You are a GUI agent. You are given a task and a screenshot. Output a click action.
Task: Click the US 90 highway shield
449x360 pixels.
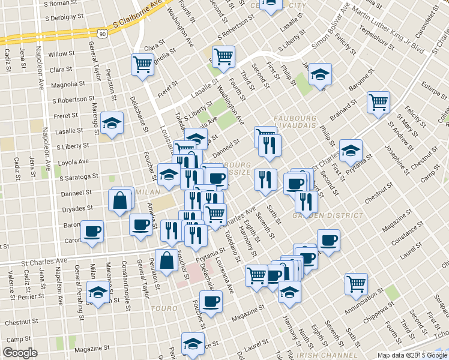pos(104,34)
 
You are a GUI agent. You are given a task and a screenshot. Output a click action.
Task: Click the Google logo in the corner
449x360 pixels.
pos(20,353)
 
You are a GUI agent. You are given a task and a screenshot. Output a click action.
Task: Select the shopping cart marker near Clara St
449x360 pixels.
pos(143,64)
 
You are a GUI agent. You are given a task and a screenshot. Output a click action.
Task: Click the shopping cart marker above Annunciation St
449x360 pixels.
pos(357,283)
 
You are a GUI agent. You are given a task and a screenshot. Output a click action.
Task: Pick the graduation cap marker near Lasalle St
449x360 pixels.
pos(112,124)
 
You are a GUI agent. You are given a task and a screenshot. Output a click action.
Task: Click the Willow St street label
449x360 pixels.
pos(61,54)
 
